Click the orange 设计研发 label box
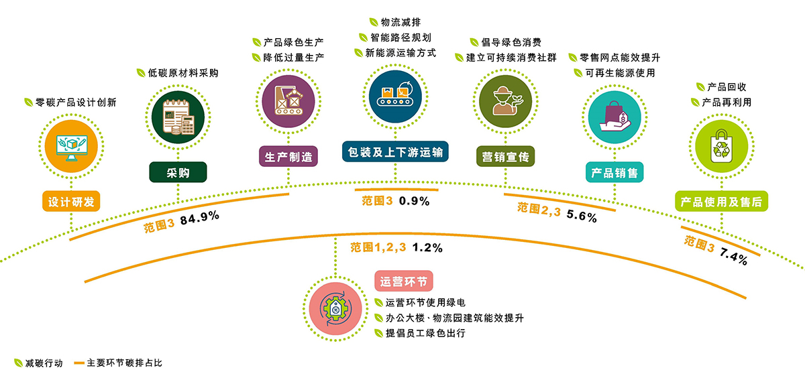(x=71, y=201)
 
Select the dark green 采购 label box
(x=178, y=172)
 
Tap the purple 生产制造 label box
(x=288, y=156)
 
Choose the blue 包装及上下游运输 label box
(x=395, y=152)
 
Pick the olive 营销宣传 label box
(x=505, y=156)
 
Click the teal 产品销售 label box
(x=614, y=172)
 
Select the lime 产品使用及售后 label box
(x=722, y=201)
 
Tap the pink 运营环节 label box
(x=404, y=281)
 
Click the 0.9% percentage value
(x=415, y=201)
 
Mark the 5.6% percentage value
(x=582, y=216)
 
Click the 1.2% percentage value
(x=427, y=248)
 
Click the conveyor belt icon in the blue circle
(x=395, y=94)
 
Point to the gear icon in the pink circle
(x=335, y=309)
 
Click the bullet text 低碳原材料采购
(x=183, y=73)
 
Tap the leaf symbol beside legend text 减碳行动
(x=18, y=363)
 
